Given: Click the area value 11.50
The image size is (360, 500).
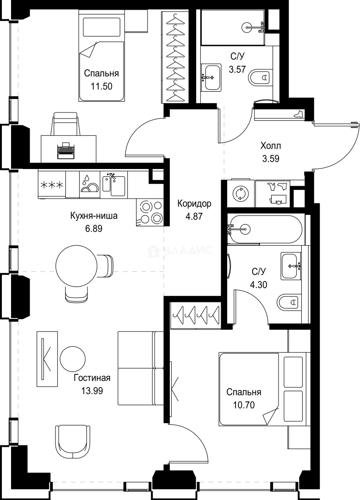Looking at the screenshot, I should pos(101,86).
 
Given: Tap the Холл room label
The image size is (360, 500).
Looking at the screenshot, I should pos(271,146).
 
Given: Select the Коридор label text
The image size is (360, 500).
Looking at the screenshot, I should pos(194,203).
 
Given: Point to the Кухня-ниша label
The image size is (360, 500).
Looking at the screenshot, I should pos(93,216).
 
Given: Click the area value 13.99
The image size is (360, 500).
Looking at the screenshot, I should pos(92,390).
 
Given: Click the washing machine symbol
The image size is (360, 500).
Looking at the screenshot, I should pos(240,194).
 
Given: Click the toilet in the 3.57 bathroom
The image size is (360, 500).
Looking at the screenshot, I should pos(260,77).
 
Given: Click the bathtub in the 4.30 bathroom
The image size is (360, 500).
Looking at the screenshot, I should pos(266,229).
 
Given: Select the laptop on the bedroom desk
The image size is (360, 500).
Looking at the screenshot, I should pos(66,150).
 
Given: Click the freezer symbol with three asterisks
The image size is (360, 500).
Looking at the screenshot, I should pos(51,186).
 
